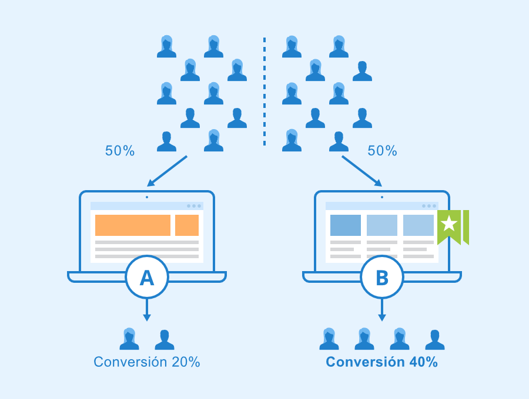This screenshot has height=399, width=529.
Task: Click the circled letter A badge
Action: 147,278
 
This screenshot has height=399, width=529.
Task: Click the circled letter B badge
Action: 382,278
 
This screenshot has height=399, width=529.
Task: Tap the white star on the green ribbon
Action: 449,223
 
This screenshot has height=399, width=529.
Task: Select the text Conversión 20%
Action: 147,362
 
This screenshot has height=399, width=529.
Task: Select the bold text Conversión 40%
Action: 382,362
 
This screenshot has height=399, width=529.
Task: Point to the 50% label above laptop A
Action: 120,151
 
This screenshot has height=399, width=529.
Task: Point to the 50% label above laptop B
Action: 382,151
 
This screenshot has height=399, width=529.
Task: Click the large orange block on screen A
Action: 133,225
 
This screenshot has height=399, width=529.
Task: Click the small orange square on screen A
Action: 187,225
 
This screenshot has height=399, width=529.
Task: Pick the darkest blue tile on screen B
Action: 346,225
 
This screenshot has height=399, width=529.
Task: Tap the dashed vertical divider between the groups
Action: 264,91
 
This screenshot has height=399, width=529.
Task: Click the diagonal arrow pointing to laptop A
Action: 167,171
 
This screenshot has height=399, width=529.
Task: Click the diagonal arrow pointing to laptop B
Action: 362,171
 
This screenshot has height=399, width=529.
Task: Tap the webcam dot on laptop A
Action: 147,197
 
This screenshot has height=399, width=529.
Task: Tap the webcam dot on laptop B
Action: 382,197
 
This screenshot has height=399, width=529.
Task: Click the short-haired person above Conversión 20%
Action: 165,340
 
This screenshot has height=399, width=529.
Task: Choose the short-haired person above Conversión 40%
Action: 435,340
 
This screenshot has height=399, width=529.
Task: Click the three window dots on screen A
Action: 194,206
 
